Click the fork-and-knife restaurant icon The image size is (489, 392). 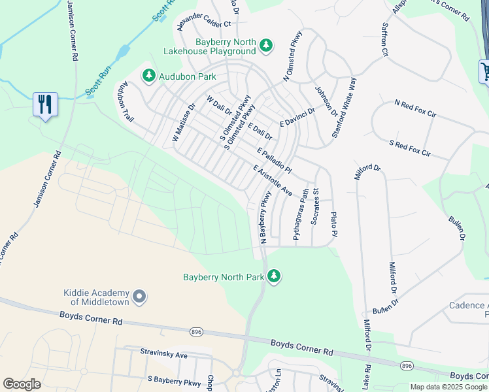[x=45, y=105]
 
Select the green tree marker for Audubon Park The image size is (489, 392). [x=150, y=76]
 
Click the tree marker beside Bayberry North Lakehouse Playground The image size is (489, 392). [x=266, y=45]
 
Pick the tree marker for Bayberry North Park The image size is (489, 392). [x=274, y=277]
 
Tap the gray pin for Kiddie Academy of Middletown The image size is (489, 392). [x=139, y=298]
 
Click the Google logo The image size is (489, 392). [x=22, y=384]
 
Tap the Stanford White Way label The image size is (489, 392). [x=345, y=106]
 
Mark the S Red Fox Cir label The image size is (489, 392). [x=410, y=148]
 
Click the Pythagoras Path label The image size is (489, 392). [x=300, y=214]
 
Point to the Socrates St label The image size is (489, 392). [x=314, y=207]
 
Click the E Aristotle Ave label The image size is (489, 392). [x=272, y=180]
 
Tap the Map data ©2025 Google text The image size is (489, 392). [x=448, y=387]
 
